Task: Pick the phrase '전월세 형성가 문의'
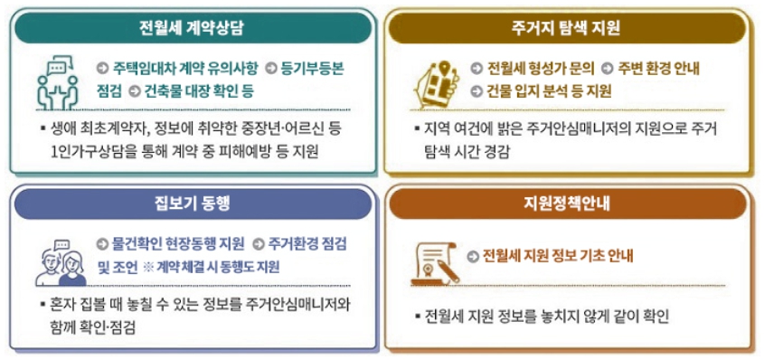(540, 69)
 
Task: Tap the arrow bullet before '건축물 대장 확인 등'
(134, 91)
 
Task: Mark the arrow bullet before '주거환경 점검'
(258, 245)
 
